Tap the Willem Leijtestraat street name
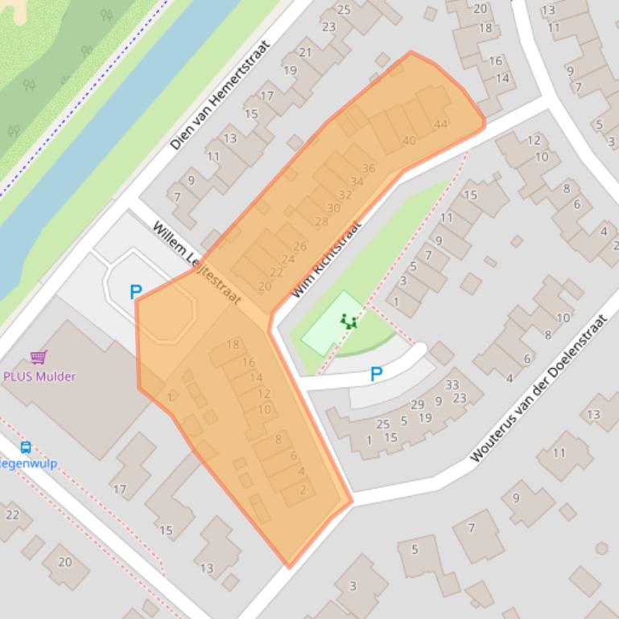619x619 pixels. tap(196, 263)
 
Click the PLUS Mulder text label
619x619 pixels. tap(39, 376)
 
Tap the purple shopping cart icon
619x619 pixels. tap(38, 357)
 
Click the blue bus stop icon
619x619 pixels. tap(26, 448)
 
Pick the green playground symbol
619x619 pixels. tap(349, 322)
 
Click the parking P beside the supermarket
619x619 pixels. tap(136, 293)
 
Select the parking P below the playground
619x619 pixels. tap(376, 374)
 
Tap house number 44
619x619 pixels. tap(440, 124)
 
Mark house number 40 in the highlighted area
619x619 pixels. tap(409, 141)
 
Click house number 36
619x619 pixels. tap(369, 168)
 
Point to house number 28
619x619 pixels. tap(322, 221)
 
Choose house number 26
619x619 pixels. tap(300, 246)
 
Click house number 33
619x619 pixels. tap(452, 385)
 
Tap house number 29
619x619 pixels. tap(417, 404)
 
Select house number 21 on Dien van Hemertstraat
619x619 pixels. tap(305, 53)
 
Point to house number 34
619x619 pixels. tap(357, 182)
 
